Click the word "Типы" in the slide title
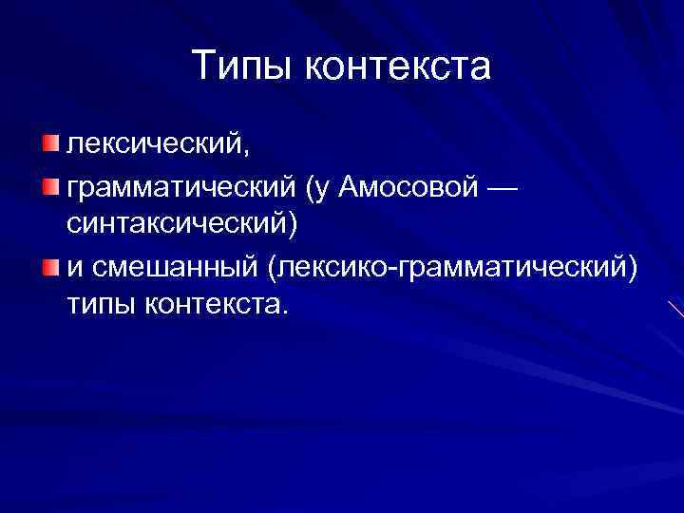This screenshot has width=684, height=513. [x=242, y=66]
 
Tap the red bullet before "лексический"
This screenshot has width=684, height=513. [x=49, y=142]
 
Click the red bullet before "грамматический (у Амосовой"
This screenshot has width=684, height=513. [x=49, y=183]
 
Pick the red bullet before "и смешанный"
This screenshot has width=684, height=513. [x=49, y=265]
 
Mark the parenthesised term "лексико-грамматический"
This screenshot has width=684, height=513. [x=446, y=267]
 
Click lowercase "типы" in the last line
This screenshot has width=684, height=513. [x=103, y=306]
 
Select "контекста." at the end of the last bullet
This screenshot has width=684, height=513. [x=222, y=306]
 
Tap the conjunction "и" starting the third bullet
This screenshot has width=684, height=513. [x=73, y=267]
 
